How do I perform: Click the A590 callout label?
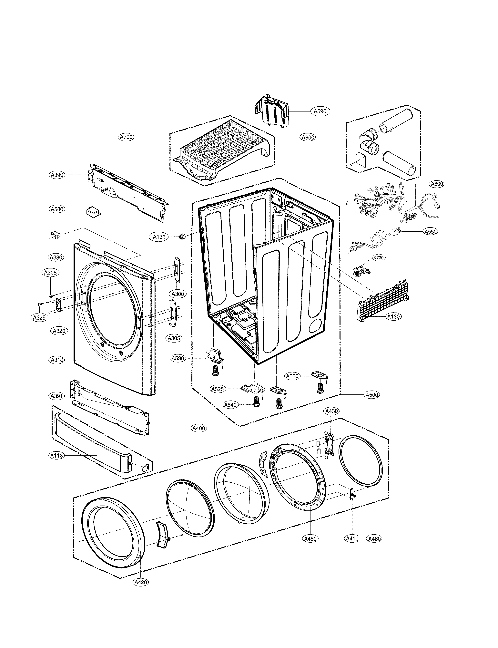point(320,111)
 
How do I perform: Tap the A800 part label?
point(308,137)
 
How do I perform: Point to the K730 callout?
point(378,258)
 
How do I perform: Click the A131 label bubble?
point(159,237)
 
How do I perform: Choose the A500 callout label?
point(372,395)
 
